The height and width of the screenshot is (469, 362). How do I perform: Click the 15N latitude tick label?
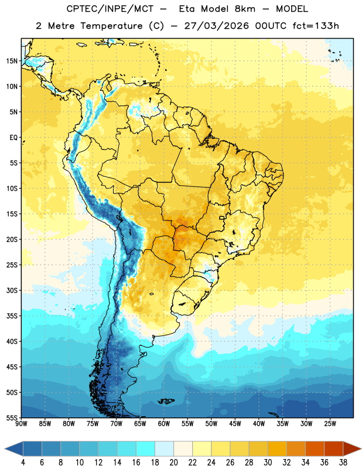point(12,61)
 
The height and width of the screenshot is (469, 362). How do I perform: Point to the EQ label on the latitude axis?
point(13,138)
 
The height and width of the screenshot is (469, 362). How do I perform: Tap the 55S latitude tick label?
point(12,417)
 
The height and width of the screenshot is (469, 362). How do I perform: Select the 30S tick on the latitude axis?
point(12,290)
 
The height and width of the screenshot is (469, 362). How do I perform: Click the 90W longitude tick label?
point(21,424)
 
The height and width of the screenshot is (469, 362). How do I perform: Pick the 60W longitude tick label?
point(164,424)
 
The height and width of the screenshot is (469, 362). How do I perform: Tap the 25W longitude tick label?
point(330,424)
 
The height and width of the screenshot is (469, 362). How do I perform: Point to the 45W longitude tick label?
point(235,424)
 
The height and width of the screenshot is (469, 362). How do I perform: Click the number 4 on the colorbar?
point(23,463)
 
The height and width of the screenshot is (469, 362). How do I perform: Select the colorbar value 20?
point(173,463)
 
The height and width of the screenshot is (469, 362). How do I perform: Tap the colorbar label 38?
point(343,463)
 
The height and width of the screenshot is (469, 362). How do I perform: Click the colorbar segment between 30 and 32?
point(277,448)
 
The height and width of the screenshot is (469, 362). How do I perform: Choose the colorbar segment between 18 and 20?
point(164,448)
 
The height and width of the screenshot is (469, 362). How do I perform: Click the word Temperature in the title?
point(111,26)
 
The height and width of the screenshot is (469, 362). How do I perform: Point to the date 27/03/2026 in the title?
point(216,26)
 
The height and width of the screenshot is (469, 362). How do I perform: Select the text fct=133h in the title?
point(316,26)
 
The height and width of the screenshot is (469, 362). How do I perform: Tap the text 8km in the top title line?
point(245,9)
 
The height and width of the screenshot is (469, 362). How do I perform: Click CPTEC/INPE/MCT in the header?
point(110,9)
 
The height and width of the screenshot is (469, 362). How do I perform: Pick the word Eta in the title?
point(187,9)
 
